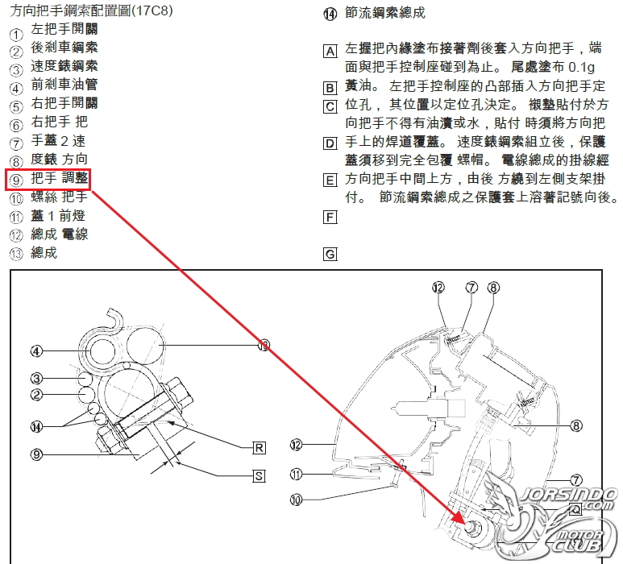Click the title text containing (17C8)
pos(91,10)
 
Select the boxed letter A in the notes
pos(330,52)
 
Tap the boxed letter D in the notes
pos(330,143)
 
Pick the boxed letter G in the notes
pos(330,254)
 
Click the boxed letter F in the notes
pos(330,218)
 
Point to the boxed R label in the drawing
pos(259,448)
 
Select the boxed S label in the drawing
pos(259,476)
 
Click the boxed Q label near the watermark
pos(575,508)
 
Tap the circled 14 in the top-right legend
pos(330,14)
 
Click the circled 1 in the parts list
pos(16,35)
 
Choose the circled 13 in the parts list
pos(16,254)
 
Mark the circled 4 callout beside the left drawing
pos(36,351)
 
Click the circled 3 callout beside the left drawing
pos(36,379)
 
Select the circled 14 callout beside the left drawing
pos(36,427)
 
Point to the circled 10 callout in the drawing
pos(296,500)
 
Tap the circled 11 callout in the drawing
pos(296,474)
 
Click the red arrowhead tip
pos(465,525)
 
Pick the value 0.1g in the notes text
pos(581,67)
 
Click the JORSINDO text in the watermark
pos(569,495)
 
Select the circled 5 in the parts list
pos(16,108)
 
